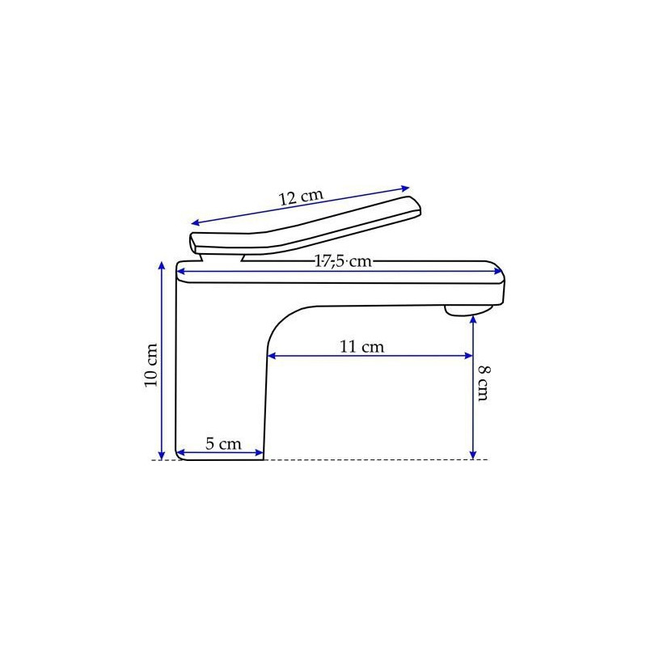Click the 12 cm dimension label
(301, 197)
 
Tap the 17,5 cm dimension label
(343, 261)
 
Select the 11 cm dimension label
(362, 347)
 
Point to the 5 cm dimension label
(223, 444)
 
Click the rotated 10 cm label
(151, 366)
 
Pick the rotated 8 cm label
(484, 383)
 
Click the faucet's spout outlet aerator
(468, 311)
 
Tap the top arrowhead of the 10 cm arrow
(162, 265)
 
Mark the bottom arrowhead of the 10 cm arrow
(162, 455)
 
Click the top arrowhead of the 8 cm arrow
(473, 319)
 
